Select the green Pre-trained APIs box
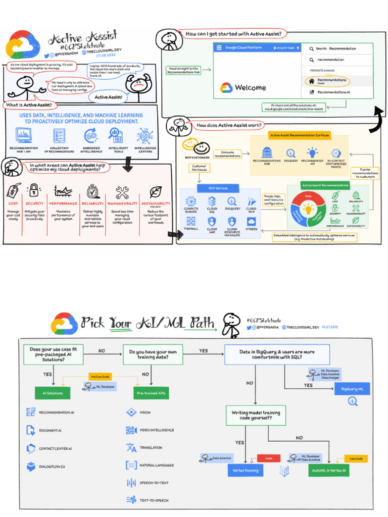(x=152, y=393)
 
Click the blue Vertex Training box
(x=245, y=470)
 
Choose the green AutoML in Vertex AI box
(x=328, y=470)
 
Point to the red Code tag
(x=268, y=458)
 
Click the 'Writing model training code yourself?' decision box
(x=256, y=416)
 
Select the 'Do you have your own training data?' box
(x=152, y=354)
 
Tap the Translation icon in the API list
(x=131, y=447)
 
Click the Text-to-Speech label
(x=154, y=500)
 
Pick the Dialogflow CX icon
(x=31, y=467)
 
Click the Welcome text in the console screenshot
(x=250, y=87)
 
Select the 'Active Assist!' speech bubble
(x=108, y=96)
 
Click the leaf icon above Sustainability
(x=156, y=192)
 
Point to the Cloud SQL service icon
(x=212, y=201)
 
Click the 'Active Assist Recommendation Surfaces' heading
(x=300, y=135)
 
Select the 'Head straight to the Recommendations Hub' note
(x=184, y=70)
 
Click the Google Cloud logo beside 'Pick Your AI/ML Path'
(x=64, y=323)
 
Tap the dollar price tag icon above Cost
(x=14, y=191)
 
